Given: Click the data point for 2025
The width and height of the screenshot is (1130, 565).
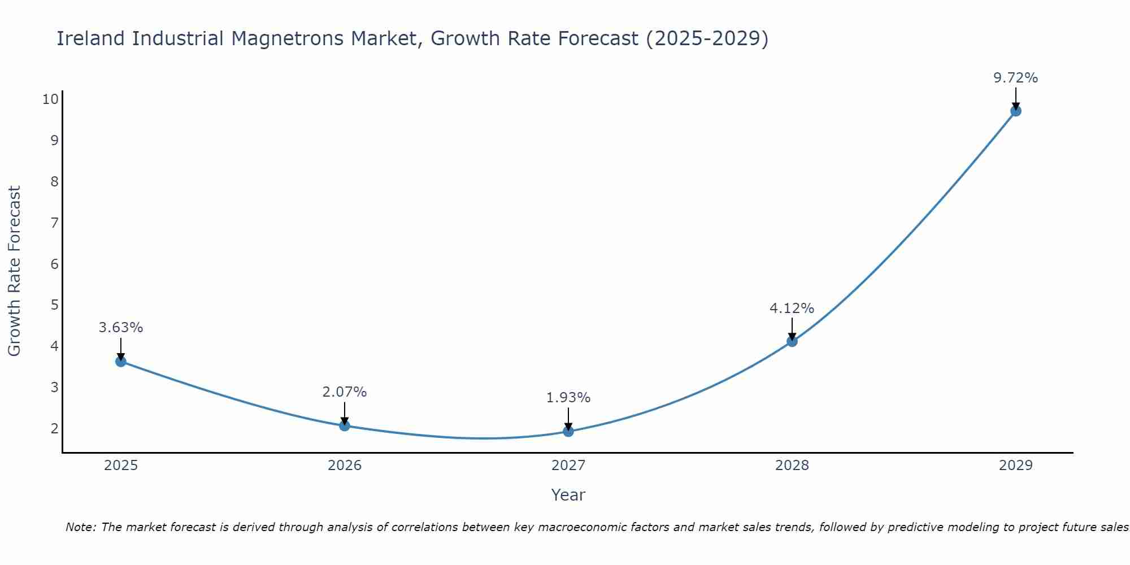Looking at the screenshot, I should click(121, 362).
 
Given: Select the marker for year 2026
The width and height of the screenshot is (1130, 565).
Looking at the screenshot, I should click(345, 425).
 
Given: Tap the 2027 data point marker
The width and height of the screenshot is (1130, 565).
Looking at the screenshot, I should click(568, 432).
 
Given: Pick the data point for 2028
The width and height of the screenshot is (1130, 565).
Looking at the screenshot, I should click(792, 341).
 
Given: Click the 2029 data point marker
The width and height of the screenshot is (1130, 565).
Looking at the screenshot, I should click(1016, 111).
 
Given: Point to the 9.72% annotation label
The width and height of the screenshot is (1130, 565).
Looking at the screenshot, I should click(1016, 78).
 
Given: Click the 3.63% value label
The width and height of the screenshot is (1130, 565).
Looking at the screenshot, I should click(121, 328).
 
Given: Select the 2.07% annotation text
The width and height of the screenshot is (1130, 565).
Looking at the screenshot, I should click(345, 392).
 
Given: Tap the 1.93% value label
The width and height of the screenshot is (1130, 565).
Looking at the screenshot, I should click(568, 398).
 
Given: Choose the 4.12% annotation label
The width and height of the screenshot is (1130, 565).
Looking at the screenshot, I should click(792, 308).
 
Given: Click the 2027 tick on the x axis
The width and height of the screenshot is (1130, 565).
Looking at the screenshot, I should click(568, 466).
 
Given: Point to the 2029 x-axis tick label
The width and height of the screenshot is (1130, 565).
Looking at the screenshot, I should click(1016, 466).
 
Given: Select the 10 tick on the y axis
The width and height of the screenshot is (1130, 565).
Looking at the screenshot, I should click(50, 99).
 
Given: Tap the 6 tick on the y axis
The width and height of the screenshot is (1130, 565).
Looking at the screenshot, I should click(55, 264).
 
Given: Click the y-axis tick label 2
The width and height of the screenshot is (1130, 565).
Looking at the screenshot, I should click(55, 428).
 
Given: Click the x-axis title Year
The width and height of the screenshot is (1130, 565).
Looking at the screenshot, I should click(568, 495).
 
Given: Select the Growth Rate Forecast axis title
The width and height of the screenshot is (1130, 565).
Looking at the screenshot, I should click(15, 271).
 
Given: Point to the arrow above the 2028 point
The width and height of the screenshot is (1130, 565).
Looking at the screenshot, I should click(792, 328).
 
